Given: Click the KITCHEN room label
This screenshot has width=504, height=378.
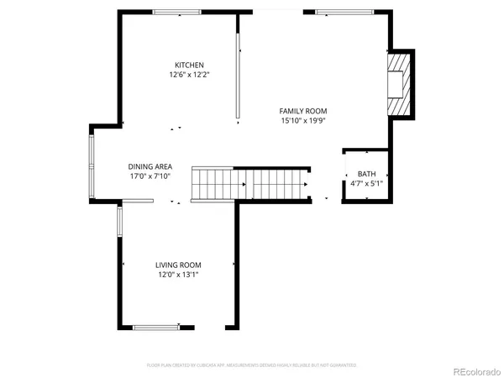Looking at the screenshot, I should click(x=189, y=65).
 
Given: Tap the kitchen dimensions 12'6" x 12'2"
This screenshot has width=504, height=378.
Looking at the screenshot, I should click(x=189, y=75).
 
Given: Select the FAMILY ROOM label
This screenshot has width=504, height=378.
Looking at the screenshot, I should click(x=303, y=111).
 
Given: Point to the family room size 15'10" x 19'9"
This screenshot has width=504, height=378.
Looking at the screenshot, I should click(x=303, y=121).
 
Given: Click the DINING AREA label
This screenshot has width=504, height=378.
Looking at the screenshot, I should click(x=150, y=166).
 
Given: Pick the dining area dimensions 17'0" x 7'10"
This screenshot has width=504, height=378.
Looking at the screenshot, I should click(x=150, y=176).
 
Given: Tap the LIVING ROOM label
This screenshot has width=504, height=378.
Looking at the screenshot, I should click(x=177, y=265).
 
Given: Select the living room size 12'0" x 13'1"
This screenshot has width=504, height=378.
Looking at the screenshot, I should click(x=177, y=275).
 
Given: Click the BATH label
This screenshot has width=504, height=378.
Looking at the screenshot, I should click(x=367, y=173).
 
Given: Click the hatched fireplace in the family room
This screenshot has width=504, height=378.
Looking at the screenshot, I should click(x=399, y=85).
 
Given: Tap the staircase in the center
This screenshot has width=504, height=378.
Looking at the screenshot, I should click(x=252, y=183).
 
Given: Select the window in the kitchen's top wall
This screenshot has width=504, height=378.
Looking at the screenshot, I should click(x=177, y=12).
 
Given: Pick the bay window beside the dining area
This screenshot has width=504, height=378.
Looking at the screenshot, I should click(x=92, y=165).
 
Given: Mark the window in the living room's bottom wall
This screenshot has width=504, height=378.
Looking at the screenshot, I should click(x=156, y=327).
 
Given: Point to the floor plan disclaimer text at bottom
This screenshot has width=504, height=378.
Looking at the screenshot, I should click(x=252, y=365).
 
